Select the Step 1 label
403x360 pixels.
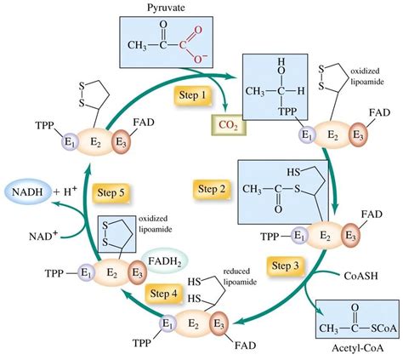pos(192,95)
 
